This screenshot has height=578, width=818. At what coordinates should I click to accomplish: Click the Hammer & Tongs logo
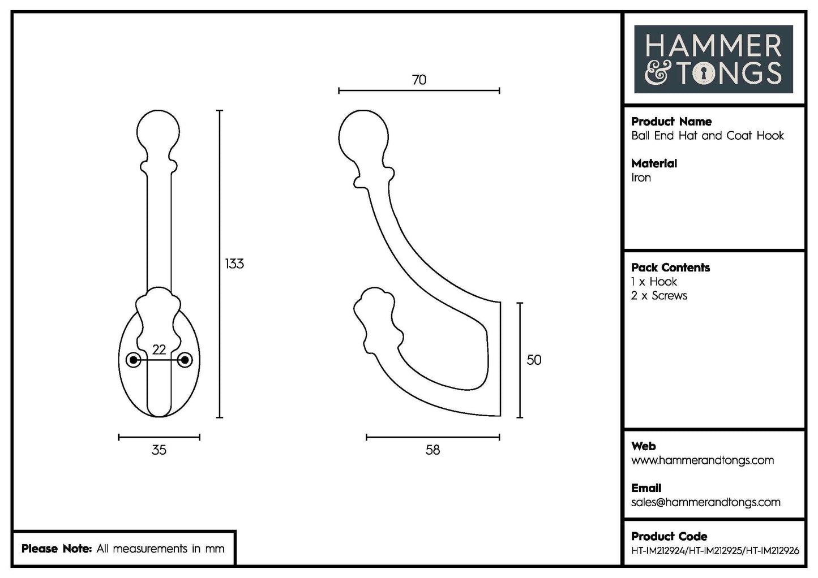(713, 59)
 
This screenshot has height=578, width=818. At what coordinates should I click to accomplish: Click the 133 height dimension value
(234, 264)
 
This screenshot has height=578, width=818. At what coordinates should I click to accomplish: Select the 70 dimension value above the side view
(419, 80)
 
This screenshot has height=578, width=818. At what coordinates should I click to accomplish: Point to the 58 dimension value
(432, 450)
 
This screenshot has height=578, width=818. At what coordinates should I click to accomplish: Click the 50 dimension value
(534, 360)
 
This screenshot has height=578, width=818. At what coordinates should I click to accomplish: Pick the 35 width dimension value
(159, 450)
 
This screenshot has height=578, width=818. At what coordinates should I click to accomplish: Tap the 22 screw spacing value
(159, 350)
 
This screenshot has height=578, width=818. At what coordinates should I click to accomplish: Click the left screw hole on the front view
(134, 360)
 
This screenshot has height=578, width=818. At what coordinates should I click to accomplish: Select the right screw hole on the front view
(185, 360)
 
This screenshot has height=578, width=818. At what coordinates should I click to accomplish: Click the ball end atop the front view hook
(159, 131)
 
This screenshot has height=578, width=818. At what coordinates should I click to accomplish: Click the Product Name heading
(671, 122)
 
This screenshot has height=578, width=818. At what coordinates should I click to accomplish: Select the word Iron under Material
(641, 178)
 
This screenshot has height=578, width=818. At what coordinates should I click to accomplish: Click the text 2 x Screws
(659, 296)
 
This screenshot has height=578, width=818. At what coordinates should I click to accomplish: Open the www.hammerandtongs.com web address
(703, 460)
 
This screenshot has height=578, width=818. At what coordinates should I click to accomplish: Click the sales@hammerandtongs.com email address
(705, 502)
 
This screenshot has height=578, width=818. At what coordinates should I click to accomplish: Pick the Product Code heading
(669, 536)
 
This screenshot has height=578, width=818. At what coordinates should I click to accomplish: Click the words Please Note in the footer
(57, 549)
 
